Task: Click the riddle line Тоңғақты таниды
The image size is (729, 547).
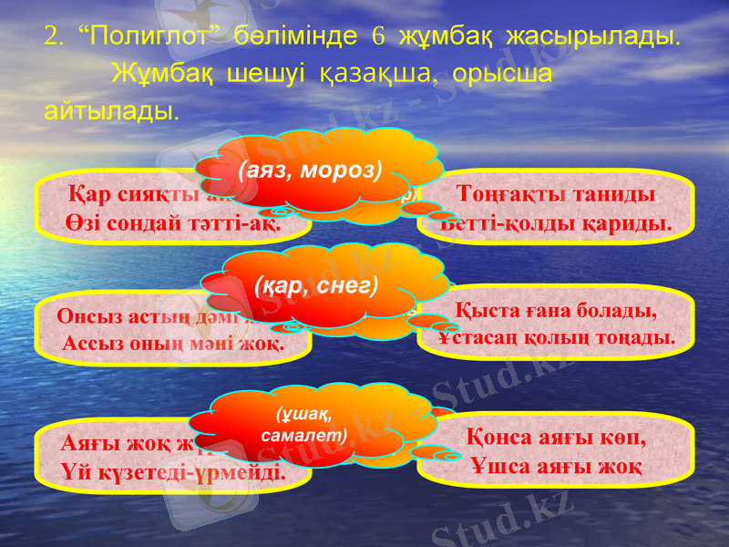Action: point(557,196)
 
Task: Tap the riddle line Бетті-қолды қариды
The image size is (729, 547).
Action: point(555,222)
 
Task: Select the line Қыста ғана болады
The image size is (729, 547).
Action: point(555,312)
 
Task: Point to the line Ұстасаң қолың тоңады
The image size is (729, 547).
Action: point(556,337)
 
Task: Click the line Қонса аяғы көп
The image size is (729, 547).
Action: point(556,437)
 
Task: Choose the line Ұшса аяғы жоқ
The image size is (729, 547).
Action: point(556,466)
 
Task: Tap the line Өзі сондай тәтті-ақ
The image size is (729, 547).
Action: point(172,222)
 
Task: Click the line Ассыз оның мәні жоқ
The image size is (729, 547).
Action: point(173,345)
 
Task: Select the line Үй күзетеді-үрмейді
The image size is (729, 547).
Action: point(172,474)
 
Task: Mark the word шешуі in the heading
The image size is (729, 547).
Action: point(265,74)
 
